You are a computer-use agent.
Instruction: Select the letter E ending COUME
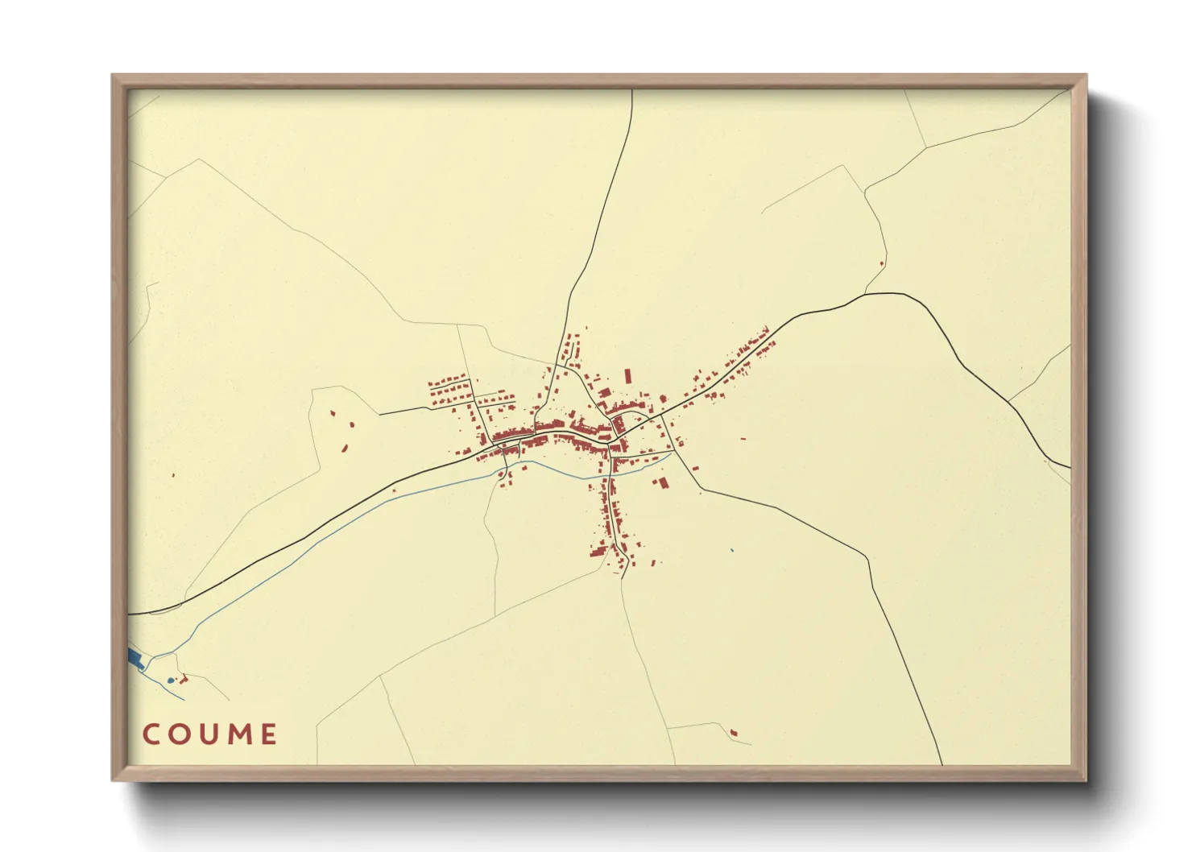point(269,734)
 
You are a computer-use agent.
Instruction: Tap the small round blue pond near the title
point(170,681)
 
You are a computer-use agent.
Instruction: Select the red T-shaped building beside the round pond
point(183,679)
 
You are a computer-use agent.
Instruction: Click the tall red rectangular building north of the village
point(627,376)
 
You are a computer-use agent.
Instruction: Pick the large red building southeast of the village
point(664,483)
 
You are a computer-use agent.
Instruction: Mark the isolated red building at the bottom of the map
point(733,732)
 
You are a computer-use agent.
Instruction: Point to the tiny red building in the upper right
point(882,263)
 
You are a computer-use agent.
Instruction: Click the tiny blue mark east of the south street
point(732,550)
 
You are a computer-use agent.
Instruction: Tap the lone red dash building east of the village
point(743,439)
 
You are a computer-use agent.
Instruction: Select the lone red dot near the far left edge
point(173,475)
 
